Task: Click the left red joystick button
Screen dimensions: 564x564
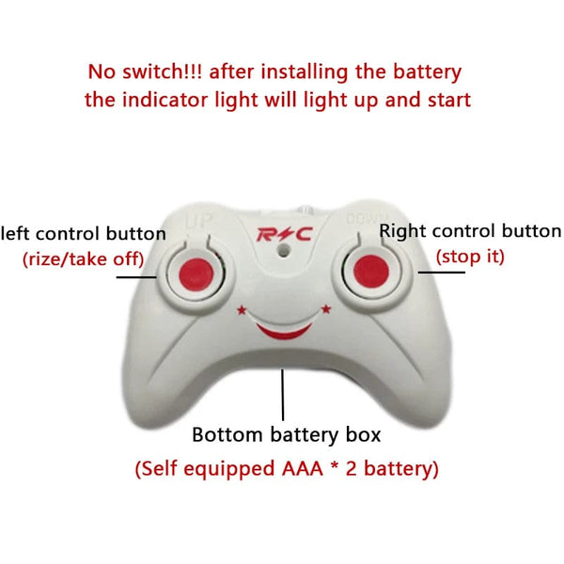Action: point(193,272)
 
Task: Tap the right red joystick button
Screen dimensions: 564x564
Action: point(370,272)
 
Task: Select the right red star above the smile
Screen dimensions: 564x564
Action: point(326,308)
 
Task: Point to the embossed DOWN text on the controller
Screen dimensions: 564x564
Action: point(365,221)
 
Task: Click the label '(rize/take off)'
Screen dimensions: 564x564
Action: point(83,259)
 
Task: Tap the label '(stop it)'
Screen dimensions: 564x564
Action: point(469,255)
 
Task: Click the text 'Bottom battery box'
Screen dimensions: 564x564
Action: point(287,435)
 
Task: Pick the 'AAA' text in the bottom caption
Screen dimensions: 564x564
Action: point(321,467)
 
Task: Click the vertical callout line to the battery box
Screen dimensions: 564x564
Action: point(283,395)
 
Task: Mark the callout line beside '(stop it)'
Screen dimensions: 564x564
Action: point(442,273)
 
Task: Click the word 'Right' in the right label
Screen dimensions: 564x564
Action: point(402,230)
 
